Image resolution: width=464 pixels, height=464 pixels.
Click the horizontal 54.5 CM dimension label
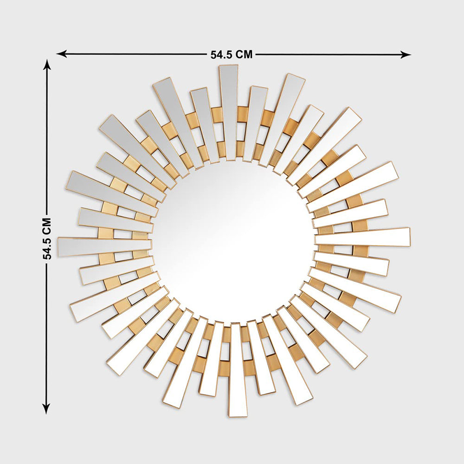coord(232,54)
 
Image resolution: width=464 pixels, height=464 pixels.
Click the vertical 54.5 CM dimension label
coord(47,238)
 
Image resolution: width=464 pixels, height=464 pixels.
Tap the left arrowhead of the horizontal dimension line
coord(61,54)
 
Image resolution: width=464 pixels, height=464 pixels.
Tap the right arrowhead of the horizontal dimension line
coord(406,54)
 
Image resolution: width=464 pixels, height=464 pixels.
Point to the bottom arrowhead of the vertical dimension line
coord(46,409)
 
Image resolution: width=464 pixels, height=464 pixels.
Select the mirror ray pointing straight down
coord(237,370)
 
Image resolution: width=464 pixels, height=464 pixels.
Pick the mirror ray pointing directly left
coord(105,246)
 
